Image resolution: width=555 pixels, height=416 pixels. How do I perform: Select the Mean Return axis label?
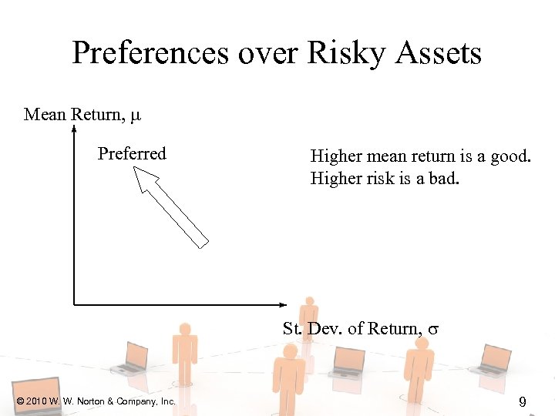[x=74, y=115]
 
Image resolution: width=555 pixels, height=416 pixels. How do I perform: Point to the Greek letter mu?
[x=136, y=116]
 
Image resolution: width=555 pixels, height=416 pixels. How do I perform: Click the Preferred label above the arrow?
[x=132, y=153]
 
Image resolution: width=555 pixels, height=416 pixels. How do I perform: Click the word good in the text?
[x=510, y=156]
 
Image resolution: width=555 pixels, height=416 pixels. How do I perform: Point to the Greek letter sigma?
[x=433, y=330]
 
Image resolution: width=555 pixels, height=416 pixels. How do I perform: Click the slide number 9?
[x=522, y=401]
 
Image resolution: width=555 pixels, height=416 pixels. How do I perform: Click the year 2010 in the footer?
[x=35, y=401]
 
